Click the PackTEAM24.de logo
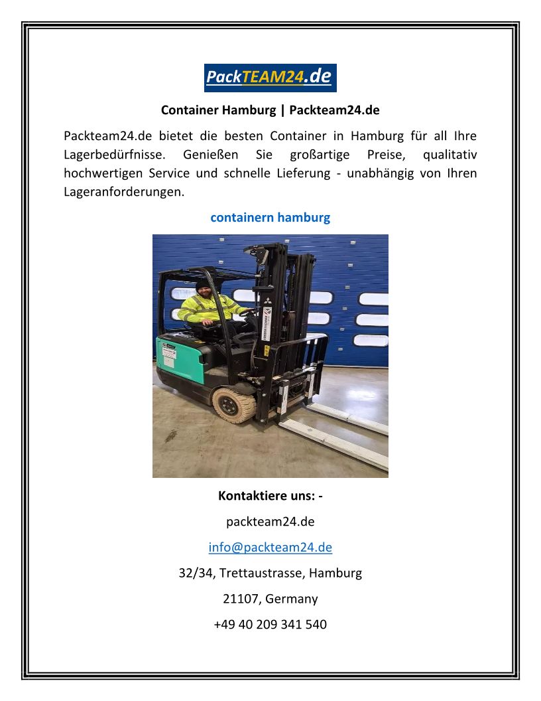270,77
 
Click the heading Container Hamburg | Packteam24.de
270,110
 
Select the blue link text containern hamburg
270,217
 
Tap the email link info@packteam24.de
270,547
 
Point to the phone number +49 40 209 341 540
270,624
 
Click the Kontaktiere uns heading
270,495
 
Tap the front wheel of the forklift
233,404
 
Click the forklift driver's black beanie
203,283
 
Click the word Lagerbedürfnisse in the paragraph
110,155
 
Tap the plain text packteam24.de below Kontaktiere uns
270,521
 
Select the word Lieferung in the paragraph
300,173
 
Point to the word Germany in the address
291,598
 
